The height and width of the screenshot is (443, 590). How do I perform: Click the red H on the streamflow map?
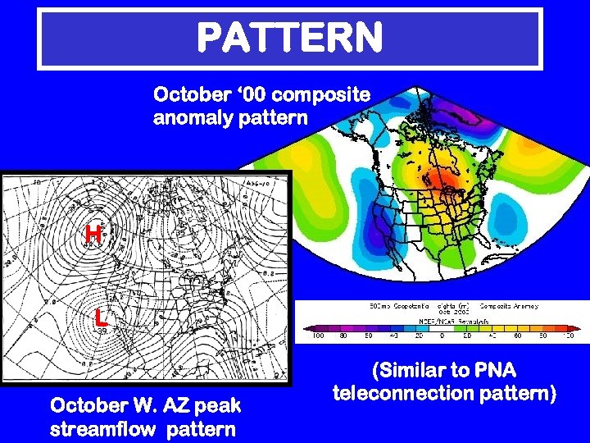click(x=94, y=235)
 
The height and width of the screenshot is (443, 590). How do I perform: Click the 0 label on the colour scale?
click(x=442, y=336)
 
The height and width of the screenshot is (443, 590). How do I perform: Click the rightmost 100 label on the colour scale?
click(x=568, y=336)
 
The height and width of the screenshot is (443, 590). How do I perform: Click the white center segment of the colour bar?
click(x=442, y=326)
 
